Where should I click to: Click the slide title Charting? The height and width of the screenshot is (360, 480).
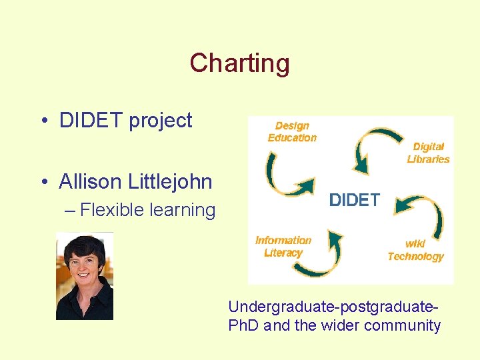[239, 63]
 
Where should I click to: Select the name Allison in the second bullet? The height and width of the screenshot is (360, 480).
[83, 181]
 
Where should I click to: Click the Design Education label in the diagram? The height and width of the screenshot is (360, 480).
[292, 132]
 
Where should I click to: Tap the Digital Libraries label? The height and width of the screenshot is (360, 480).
[428, 153]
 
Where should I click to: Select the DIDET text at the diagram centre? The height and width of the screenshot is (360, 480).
[355, 200]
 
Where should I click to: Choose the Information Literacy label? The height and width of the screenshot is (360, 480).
[283, 247]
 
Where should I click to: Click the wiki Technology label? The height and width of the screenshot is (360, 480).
[415, 251]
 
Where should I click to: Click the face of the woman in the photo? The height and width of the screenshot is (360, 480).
[85, 257]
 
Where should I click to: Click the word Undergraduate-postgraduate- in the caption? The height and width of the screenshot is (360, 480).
[333, 307]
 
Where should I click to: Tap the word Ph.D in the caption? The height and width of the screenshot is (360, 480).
[244, 326]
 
